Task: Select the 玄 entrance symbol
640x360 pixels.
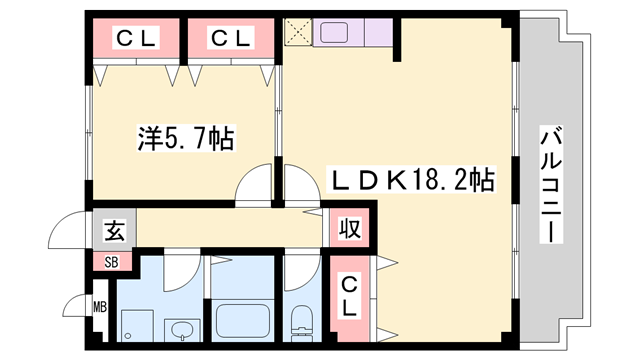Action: click(x=112, y=232)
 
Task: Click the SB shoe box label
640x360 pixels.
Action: click(x=112, y=262)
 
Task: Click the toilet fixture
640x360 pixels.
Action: click(x=300, y=322)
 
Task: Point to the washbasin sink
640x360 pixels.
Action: click(x=182, y=329)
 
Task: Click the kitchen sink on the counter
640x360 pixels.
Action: click(x=331, y=33)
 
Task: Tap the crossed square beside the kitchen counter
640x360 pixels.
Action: click(x=298, y=33)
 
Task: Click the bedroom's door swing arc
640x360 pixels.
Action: click(x=256, y=187)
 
